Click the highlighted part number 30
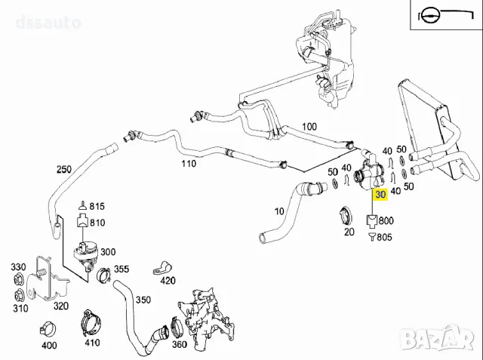[x=380, y=194]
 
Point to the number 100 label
[x=309, y=126]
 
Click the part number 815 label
[x=97, y=206]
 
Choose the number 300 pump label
[x=107, y=252]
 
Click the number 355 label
[x=122, y=269]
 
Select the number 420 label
[x=168, y=281]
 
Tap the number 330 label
[x=17, y=267]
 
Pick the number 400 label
[x=49, y=346]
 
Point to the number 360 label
[x=180, y=344]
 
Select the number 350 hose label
[x=143, y=300]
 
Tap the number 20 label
[x=349, y=232]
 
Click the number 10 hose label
[x=279, y=211]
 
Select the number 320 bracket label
[x=60, y=306]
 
